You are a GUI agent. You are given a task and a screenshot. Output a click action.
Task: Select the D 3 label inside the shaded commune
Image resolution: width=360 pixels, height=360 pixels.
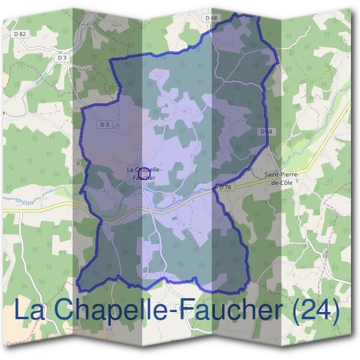pos(105,124)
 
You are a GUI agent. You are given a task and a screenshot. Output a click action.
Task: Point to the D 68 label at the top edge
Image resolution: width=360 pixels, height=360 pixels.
pos(211,18)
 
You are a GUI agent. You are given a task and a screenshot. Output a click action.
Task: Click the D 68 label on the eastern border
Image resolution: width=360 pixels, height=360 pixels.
pos(266,131)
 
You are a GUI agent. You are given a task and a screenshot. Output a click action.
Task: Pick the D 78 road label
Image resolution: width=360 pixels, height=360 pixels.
pos(225,188)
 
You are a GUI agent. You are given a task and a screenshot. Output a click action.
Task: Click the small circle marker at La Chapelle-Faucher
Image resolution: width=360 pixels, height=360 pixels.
pos(143,175)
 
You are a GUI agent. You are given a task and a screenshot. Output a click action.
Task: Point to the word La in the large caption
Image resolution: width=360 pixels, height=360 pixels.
pos(28,311)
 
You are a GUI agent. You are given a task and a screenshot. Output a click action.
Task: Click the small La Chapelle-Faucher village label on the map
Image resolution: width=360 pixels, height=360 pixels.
pos(144,173)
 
